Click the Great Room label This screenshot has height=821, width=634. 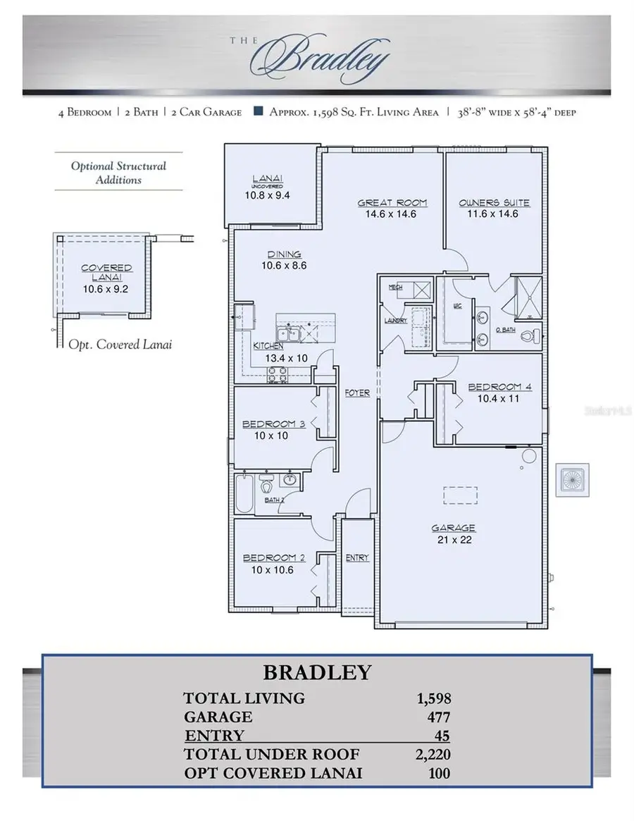tap(392, 203)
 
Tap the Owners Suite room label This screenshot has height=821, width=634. tap(494, 203)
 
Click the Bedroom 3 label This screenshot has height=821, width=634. tap(273, 424)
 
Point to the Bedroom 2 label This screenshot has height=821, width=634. tap(273, 558)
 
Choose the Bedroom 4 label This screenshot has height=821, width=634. tap(495, 387)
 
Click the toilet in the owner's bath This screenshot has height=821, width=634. tap(530, 336)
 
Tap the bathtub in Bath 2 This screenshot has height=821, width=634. tap(244, 493)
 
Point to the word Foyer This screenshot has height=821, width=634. tap(357, 393)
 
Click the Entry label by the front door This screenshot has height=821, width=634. tap(357, 557)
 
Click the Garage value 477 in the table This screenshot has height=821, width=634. tap(438, 717)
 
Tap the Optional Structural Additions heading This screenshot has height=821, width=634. tap(118, 173)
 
